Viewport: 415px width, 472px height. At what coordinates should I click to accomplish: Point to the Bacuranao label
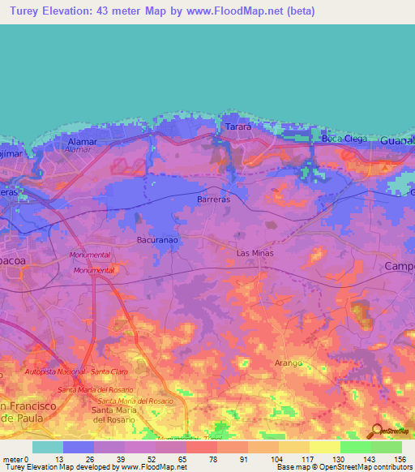coord(135,242)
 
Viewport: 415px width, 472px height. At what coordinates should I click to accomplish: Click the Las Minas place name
coord(255,253)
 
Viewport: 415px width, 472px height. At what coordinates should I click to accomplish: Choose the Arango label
coord(289,363)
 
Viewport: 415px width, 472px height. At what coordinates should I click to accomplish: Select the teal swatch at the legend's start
coord(47,447)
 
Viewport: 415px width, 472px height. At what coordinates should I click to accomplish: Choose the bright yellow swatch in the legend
coord(324,447)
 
